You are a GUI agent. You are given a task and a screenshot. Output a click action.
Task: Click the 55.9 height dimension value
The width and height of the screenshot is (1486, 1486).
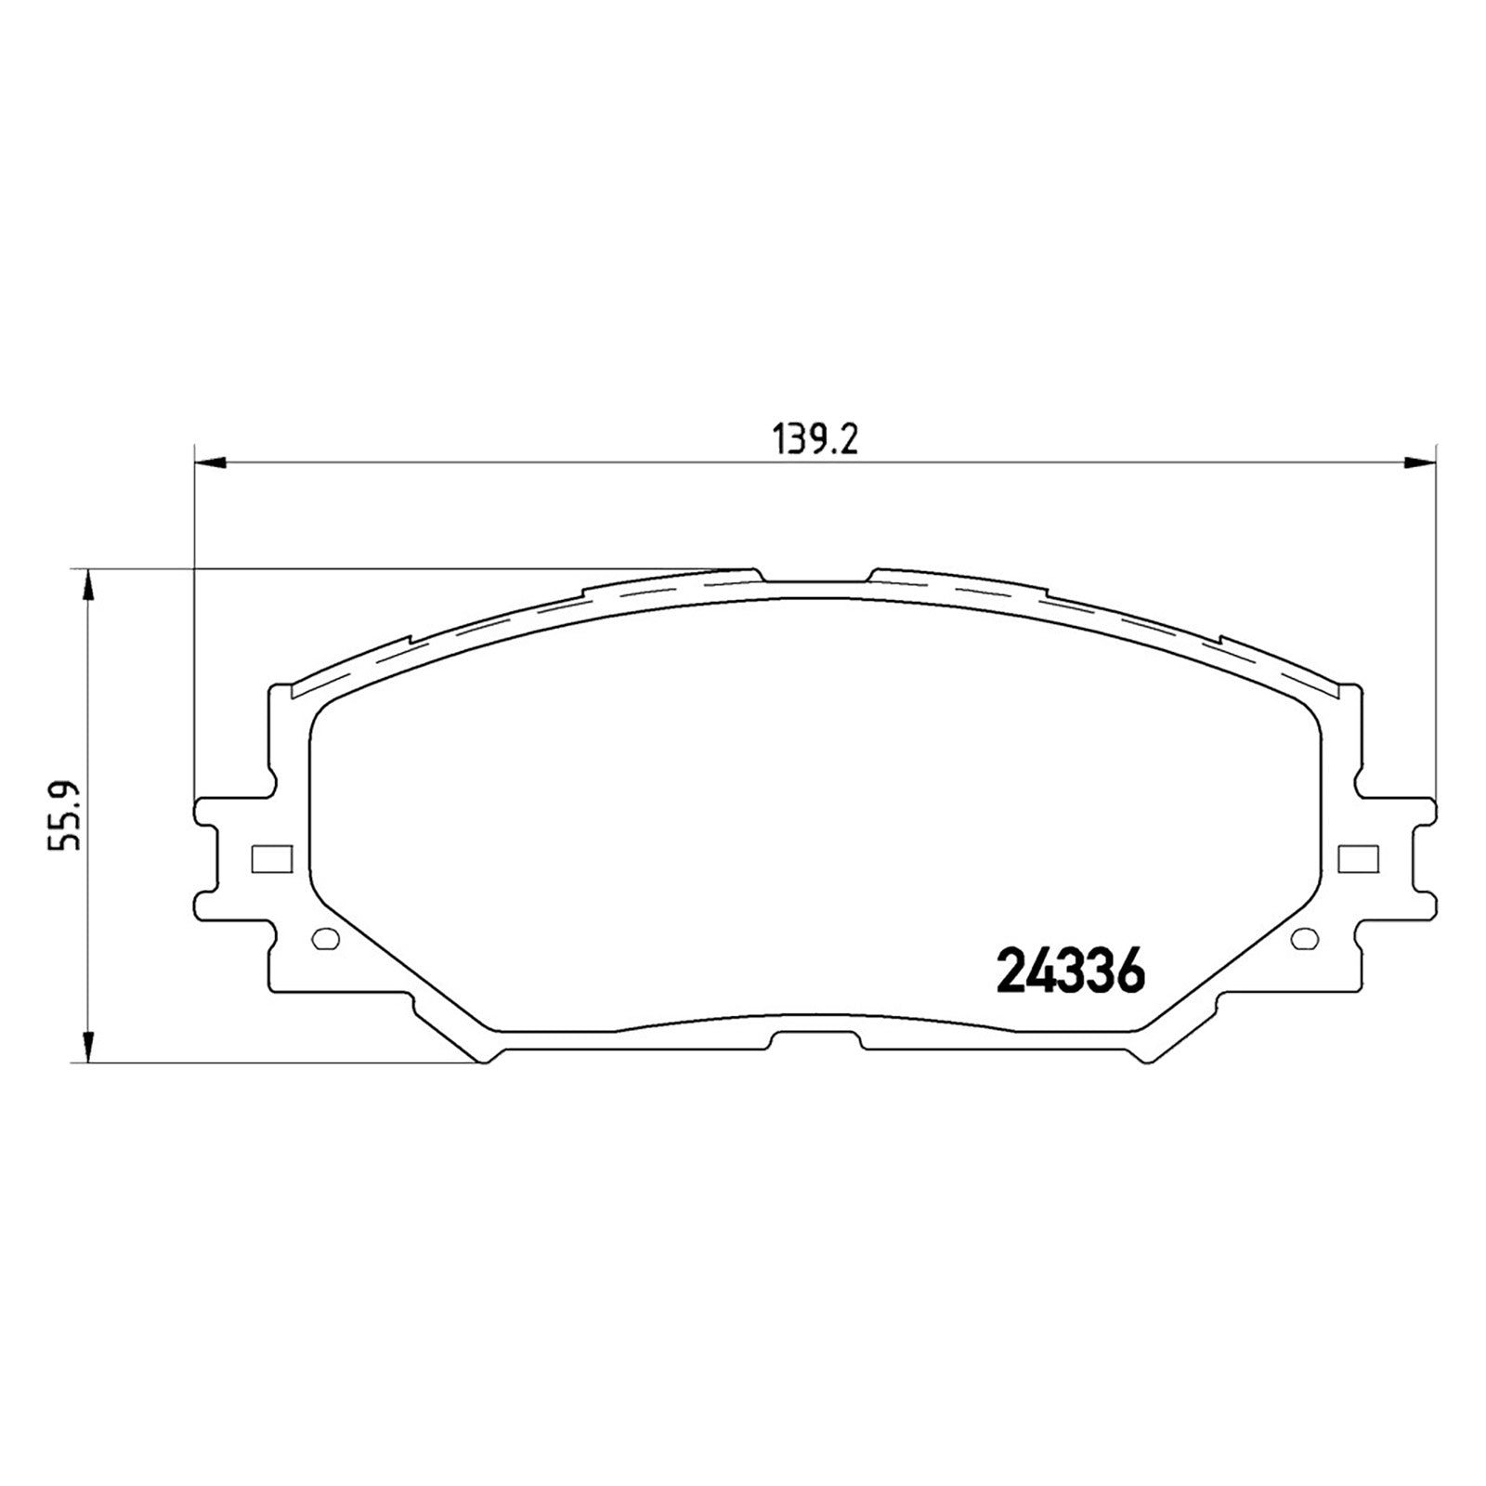[x=67, y=815]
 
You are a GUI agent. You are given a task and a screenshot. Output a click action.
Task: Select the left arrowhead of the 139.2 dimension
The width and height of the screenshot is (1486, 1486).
[x=210, y=462]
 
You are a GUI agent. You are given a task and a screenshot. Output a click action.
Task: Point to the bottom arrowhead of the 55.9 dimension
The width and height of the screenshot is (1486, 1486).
[x=88, y=1045]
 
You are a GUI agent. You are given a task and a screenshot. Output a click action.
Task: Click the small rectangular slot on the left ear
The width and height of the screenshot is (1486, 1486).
[x=271, y=859]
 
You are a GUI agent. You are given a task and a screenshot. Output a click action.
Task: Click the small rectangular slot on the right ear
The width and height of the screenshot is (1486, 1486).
[x=1358, y=859]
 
